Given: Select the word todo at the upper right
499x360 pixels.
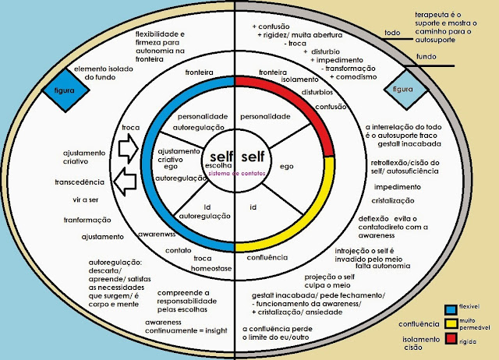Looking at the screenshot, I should coord(392,33).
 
